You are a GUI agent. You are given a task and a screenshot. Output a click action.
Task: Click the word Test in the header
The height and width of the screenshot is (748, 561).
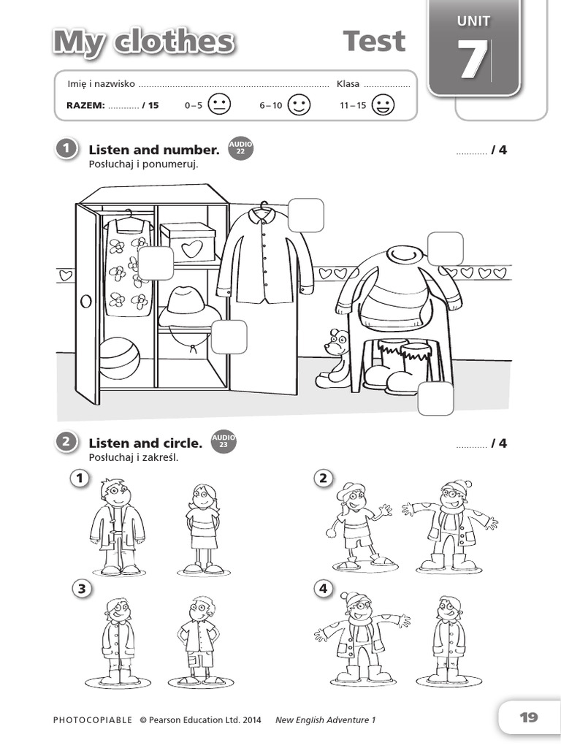[374, 42]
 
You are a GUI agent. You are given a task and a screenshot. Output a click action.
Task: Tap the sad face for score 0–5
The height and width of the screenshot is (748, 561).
[218, 105]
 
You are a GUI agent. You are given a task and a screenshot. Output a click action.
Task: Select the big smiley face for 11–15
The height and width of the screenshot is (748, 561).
[383, 105]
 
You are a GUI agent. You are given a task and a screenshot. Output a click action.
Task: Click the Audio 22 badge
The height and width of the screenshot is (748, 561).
[240, 148]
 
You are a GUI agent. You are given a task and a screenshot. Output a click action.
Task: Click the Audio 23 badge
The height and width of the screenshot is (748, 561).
[223, 441]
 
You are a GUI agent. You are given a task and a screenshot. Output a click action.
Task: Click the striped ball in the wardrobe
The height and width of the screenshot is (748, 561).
[119, 358]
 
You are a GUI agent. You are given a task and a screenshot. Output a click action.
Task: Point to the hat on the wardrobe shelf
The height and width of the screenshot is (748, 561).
[188, 307]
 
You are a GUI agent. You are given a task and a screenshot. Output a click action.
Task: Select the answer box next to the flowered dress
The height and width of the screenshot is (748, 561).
[156, 263]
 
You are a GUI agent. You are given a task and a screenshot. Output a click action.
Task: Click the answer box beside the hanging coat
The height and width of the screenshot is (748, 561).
[305, 215]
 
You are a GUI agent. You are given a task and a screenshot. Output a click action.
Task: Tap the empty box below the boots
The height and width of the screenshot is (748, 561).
[435, 399]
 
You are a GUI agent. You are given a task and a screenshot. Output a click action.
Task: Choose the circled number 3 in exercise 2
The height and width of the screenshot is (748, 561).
[81, 589]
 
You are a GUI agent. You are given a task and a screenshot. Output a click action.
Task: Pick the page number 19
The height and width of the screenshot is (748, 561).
[528, 717]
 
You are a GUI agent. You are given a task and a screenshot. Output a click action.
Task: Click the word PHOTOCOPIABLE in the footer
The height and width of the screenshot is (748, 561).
[93, 720]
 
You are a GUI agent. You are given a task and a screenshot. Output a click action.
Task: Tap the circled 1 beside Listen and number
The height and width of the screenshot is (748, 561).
[66, 149]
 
